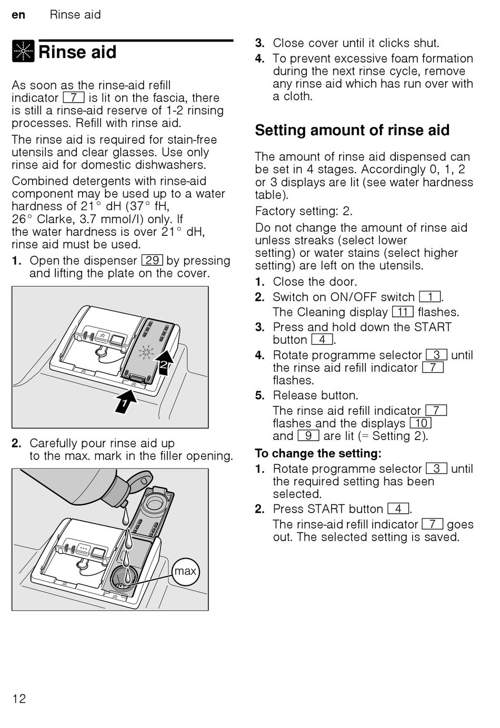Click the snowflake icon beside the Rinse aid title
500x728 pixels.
pos(23,51)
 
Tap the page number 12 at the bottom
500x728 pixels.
pos(19,699)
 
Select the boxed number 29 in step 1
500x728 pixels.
pos(152,261)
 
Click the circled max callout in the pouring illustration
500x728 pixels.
pos(185,571)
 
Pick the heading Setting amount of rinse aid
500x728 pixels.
pos(352,130)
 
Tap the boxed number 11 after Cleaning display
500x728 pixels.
pos(403,312)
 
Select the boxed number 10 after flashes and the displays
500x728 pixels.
pos(421,423)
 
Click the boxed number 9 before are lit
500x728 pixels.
pos(308,436)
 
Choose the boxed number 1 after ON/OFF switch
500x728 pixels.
pos(430,297)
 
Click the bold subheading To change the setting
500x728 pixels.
pos(318,453)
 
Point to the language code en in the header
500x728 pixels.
pos(18,15)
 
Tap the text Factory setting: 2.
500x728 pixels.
pos(304,211)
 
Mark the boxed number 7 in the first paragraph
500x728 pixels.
pos(74,98)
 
